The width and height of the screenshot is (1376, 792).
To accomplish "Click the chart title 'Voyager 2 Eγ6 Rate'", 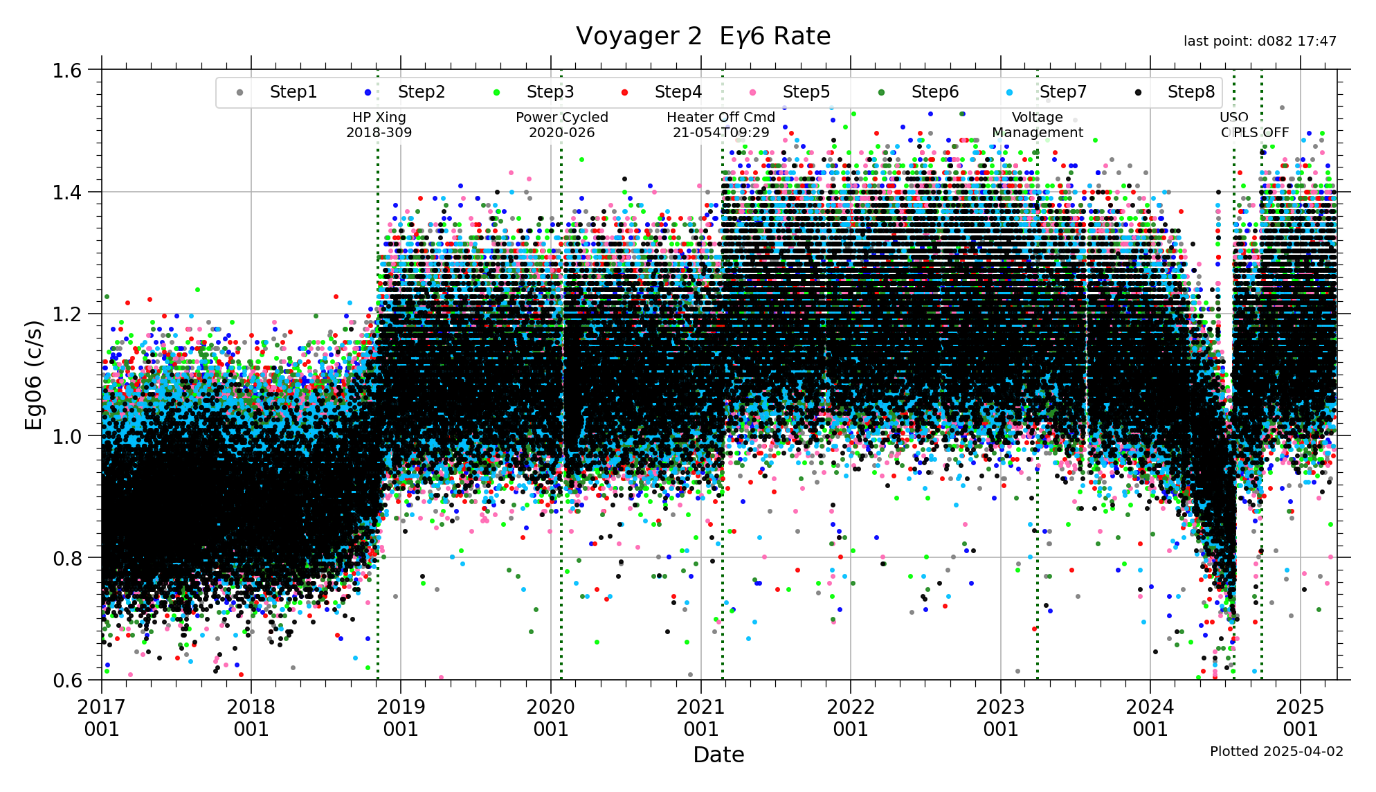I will point(703,36).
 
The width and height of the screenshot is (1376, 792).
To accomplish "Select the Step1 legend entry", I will point(293,92).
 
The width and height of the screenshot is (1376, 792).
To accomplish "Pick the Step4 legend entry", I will point(678,92).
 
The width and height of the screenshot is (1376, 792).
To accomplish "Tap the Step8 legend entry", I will point(1191,92).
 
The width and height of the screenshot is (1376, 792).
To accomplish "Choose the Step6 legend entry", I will point(934,92).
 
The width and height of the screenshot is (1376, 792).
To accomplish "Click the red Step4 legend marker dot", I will point(625,93).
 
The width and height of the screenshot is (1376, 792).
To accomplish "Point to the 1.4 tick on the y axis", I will point(67,192).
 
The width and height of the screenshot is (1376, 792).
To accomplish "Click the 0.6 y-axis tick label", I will point(67,681).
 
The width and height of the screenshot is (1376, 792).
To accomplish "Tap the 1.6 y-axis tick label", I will point(67,71).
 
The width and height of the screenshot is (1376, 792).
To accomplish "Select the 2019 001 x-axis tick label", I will point(401,718).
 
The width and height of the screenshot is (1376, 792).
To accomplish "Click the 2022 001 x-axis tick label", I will point(851,718).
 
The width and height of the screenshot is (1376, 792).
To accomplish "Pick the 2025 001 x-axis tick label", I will point(1300,718).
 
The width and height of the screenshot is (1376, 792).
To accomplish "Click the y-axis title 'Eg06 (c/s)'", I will point(34,375).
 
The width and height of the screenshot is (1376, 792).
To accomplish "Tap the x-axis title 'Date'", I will point(718,755).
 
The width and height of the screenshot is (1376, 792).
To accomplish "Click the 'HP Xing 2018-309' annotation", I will point(379,125).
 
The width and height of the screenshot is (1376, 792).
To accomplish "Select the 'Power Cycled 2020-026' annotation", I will point(561,125).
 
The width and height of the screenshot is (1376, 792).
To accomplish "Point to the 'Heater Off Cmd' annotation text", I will point(721,118).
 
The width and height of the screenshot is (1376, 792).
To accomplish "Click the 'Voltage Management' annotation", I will point(1037,125).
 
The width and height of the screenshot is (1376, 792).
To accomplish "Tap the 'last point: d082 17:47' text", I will point(1259,42).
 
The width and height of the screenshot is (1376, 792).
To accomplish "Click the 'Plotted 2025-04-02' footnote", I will point(1276,751).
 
